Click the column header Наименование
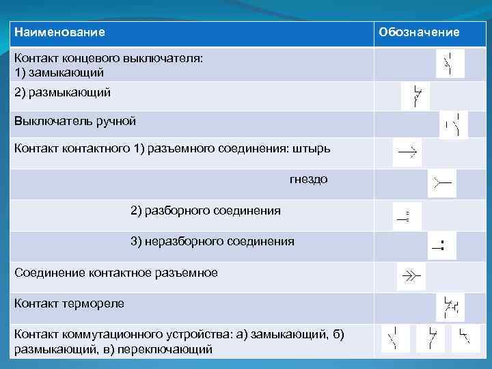tap(60, 32)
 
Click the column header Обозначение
tap(419, 32)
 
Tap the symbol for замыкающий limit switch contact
tap(450, 64)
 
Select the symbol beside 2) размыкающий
tap(416, 96)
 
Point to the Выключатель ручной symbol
tap(453, 124)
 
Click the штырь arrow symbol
tap(407, 152)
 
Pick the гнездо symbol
tap(441, 183)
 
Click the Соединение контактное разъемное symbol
tap(411, 276)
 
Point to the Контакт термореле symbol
tap(450, 307)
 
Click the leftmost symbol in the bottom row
tap(394, 338)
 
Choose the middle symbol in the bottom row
tap(430, 338)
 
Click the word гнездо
tap(308, 179)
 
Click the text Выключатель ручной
tap(75, 122)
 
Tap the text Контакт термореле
tap(70, 303)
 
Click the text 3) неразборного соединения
tap(213, 241)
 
